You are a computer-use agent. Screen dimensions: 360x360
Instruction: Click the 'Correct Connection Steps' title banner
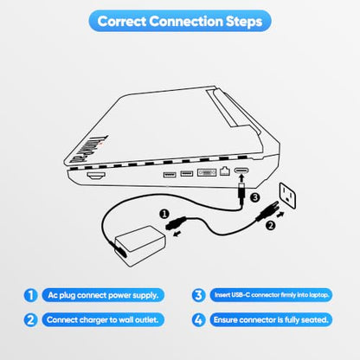180,21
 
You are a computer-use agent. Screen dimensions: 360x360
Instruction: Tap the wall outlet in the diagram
287,196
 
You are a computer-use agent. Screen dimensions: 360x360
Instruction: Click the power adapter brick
140,246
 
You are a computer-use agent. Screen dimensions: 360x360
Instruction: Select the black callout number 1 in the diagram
164,215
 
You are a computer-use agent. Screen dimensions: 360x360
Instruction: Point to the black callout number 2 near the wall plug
270,225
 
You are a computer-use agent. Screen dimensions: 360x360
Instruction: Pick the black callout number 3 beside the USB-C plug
255,198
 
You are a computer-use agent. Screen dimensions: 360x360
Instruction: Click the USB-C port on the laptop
241,171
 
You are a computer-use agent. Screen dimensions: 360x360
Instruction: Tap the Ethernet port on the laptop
225,171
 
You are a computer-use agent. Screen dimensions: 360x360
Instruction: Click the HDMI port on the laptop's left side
96,176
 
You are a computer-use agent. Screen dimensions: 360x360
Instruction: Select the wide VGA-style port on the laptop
207,172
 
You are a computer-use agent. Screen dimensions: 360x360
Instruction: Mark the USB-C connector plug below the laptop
241,194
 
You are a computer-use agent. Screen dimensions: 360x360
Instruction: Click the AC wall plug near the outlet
267,211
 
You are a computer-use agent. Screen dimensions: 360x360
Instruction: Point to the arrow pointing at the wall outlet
280,215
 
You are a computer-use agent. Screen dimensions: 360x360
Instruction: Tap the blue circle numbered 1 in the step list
30,295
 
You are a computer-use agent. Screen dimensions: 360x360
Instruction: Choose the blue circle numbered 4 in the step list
198,320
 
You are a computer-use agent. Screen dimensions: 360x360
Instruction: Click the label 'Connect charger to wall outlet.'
103,320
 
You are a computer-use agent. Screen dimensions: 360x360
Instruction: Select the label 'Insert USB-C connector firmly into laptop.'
271,295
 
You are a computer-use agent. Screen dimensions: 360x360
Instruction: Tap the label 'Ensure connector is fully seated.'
271,320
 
